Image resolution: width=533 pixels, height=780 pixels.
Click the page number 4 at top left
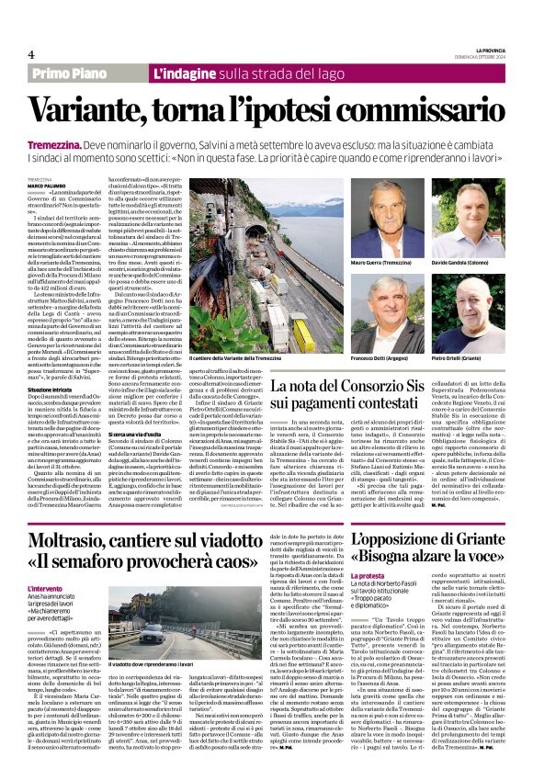[x=30, y=54]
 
